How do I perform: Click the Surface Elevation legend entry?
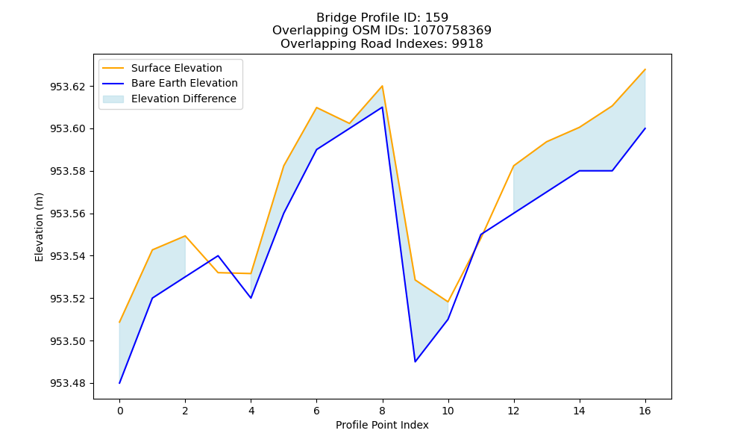(x=162, y=68)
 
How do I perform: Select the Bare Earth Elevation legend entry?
(x=170, y=84)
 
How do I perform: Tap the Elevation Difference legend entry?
(x=169, y=99)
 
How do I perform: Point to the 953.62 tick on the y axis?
(x=68, y=87)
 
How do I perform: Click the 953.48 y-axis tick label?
(x=68, y=383)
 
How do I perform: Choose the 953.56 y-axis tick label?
(x=68, y=214)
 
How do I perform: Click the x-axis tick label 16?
(x=645, y=411)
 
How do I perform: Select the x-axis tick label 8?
(x=382, y=411)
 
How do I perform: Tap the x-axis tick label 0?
(x=120, y=411)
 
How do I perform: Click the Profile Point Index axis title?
(x=382, y=425)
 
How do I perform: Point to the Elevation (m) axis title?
(x=39, y=227)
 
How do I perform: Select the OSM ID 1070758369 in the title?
(x=452, y=31)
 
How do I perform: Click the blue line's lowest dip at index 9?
(x=415, y=362)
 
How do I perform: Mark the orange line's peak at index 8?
(x=382, y=86)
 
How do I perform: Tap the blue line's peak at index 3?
(x=218, y=255)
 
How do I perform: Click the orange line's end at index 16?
(x=645, y=69)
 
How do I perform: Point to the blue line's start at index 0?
(x=119, y=383)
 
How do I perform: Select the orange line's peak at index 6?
(x=316, y=108)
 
